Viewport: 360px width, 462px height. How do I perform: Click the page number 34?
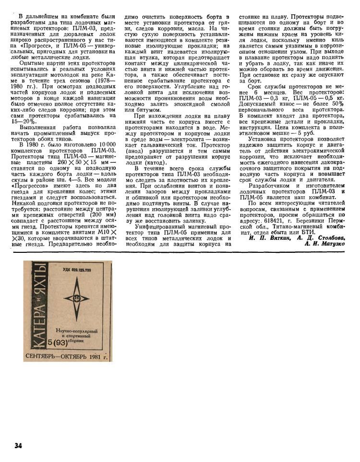[x=18, y=446]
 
